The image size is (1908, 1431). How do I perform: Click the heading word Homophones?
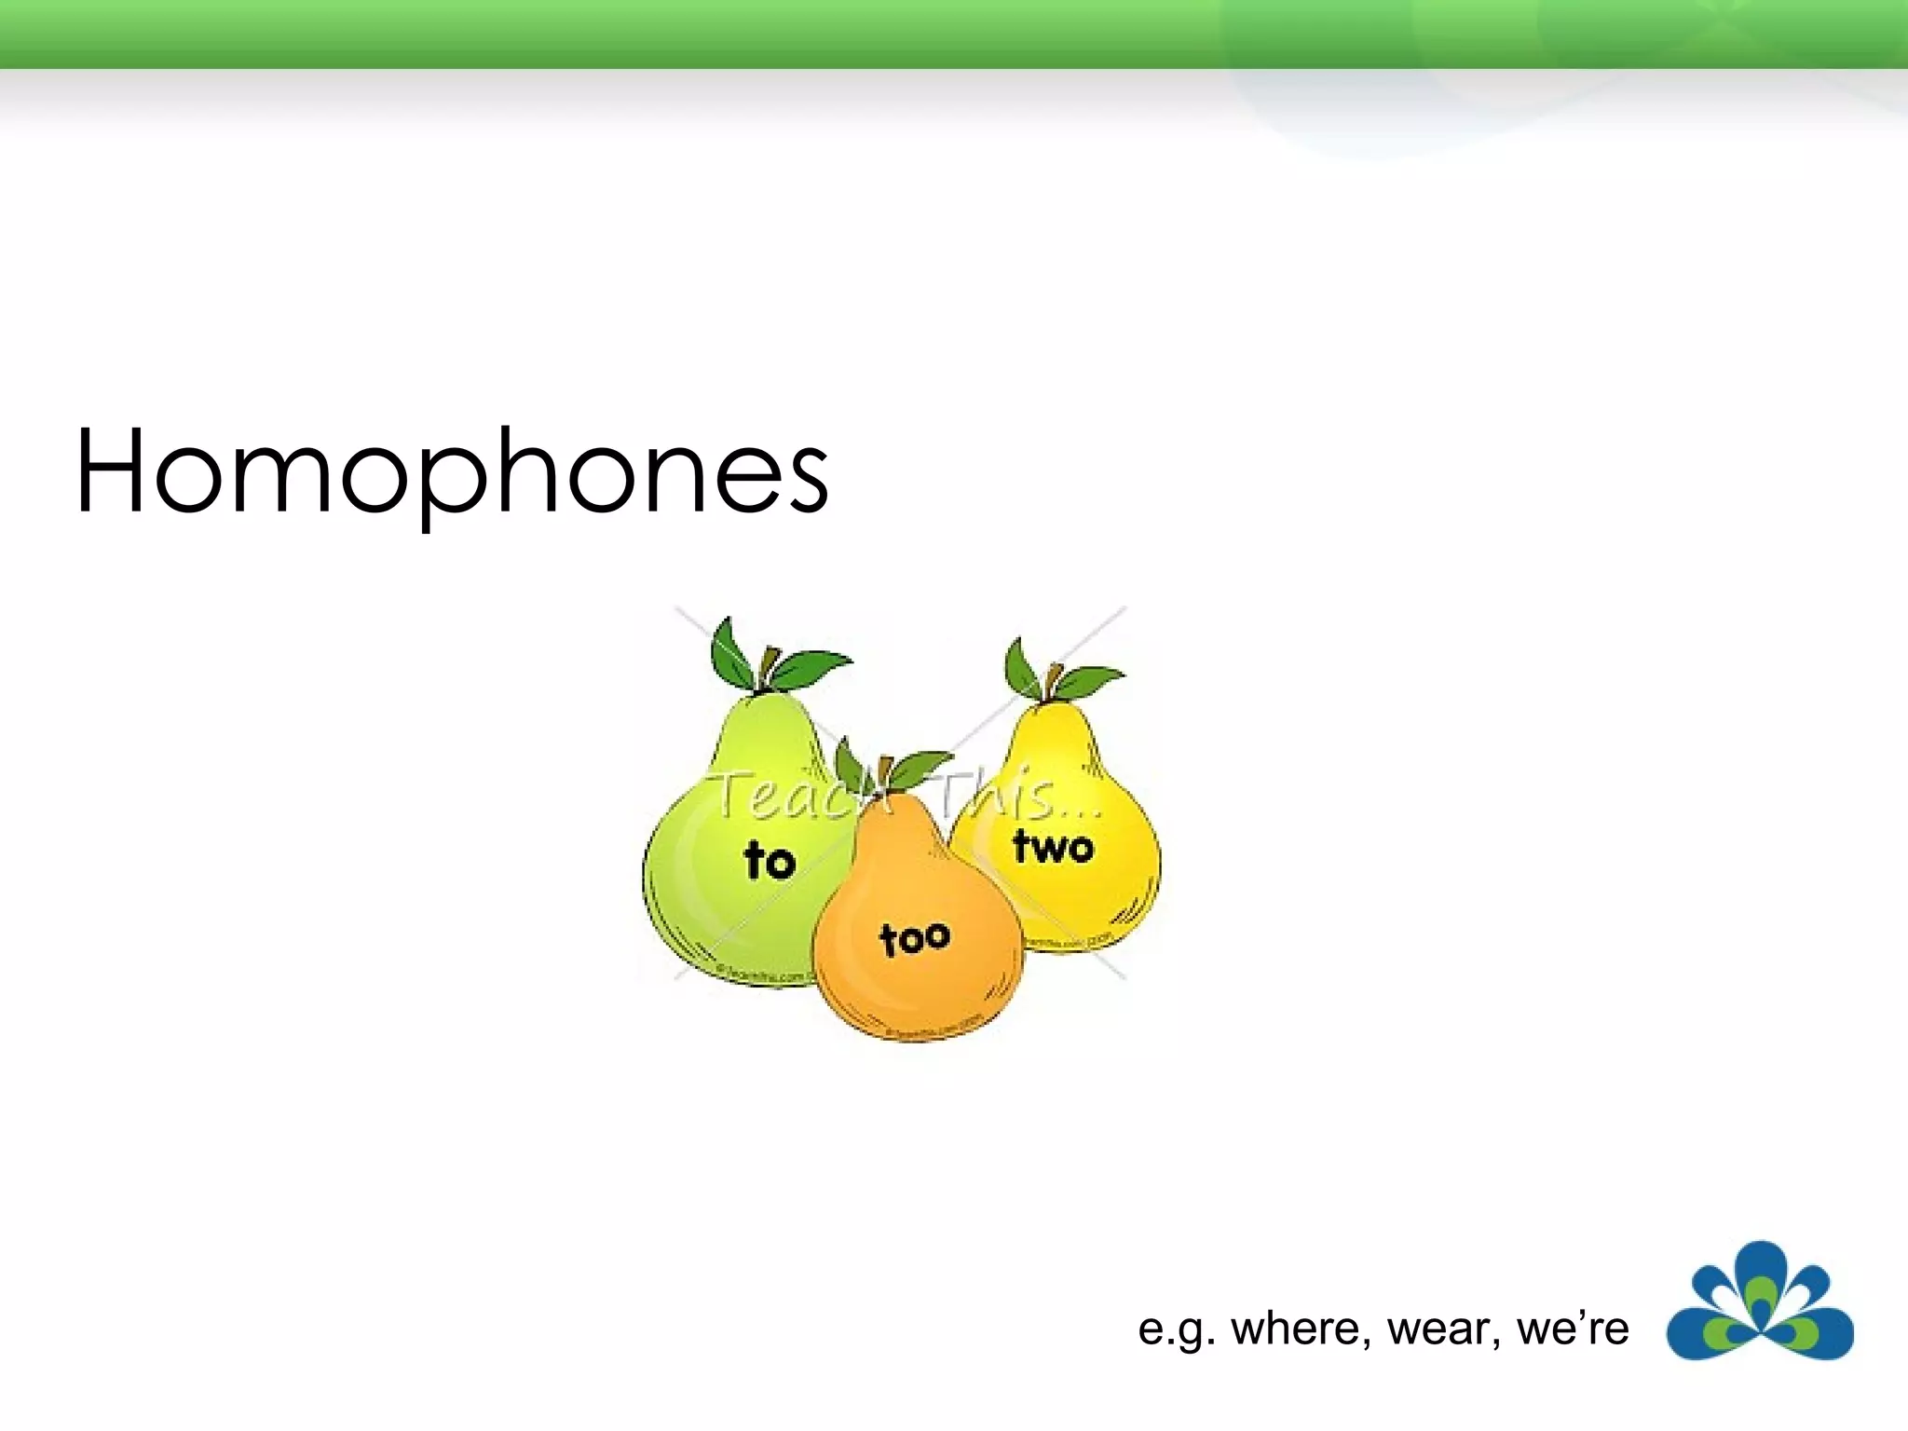(452, 472)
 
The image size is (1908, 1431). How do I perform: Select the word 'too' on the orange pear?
(915, 937)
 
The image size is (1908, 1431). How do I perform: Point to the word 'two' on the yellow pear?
(1053, 847)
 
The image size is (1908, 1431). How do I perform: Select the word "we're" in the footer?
(1573, 1329)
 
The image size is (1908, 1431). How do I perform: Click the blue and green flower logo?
(1759, 1302)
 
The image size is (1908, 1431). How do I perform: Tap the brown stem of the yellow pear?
(1053, 680)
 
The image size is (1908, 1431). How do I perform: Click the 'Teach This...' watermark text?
(904, 797)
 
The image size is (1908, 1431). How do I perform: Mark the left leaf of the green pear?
(734, 652)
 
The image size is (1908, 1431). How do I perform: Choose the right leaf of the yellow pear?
(1090, 682)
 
